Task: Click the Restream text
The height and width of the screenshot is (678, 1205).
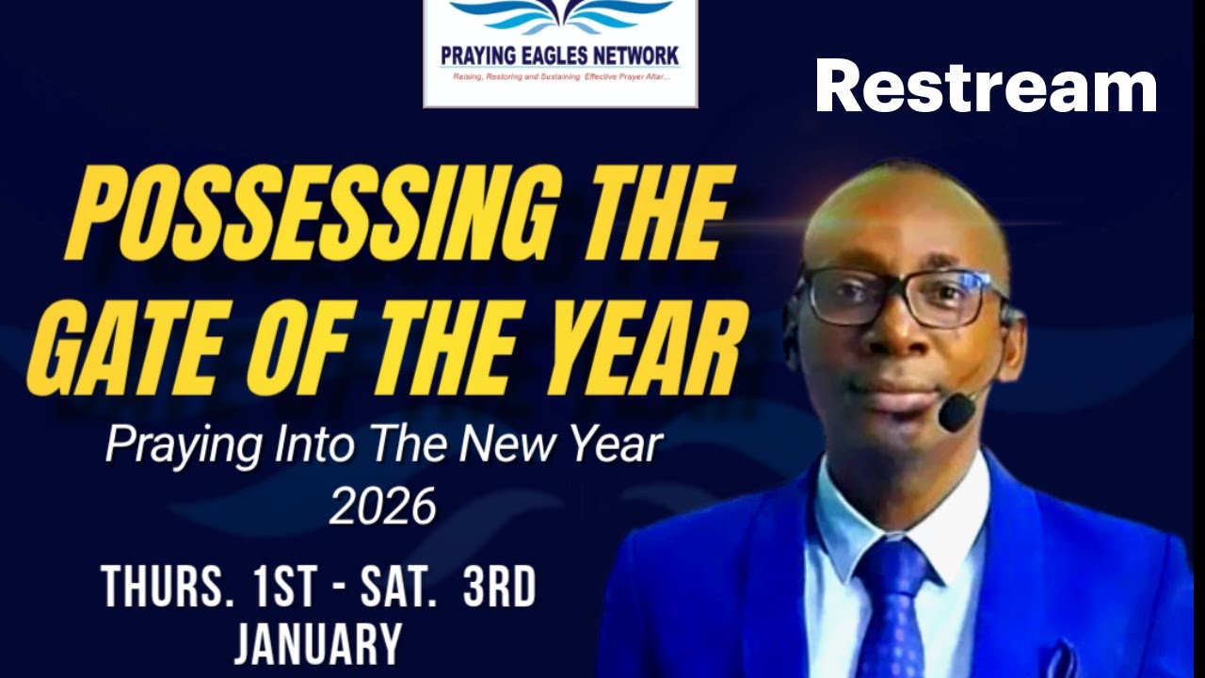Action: [986, 86]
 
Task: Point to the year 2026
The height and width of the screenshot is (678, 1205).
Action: [383, 508]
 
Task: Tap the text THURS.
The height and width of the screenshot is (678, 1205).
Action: [166, 588]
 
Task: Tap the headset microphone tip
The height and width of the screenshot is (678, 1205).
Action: [956, 412]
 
